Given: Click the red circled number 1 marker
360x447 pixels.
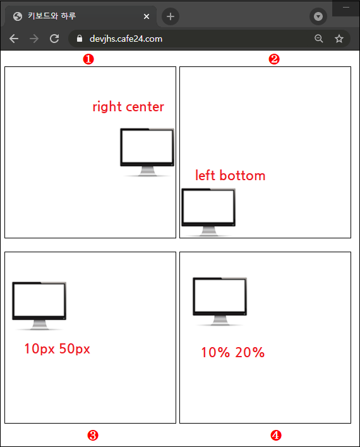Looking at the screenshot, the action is (x=88, y=59).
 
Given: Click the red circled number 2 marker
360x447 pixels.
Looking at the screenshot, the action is (x=274, y=59).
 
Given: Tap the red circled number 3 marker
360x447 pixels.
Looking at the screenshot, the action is (x=93, y=436).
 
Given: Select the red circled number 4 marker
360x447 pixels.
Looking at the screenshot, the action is (x=276, y=436).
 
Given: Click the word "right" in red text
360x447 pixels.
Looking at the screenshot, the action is (x=107, y=107).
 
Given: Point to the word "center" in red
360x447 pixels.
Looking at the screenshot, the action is (x=145, y=107).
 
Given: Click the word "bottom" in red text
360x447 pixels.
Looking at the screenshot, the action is (x=243, y=175).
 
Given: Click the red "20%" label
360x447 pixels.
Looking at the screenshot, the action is (x=249, y=352).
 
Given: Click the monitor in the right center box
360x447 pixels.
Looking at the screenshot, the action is (x=147, y=152).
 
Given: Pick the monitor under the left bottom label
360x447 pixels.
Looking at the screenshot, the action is (x=208, y=212).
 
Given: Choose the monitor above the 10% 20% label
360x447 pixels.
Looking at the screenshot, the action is (x=220, y=302).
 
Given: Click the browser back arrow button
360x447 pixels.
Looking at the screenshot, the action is (x=14, y=39).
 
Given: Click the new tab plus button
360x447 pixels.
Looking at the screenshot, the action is (x=171, y=16).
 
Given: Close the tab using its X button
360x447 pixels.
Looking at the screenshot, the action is (x=147, y=16).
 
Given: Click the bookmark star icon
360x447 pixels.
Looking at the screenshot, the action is (x=339, y=39).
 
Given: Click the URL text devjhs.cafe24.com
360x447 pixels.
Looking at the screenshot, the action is (x=126, y=39).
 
